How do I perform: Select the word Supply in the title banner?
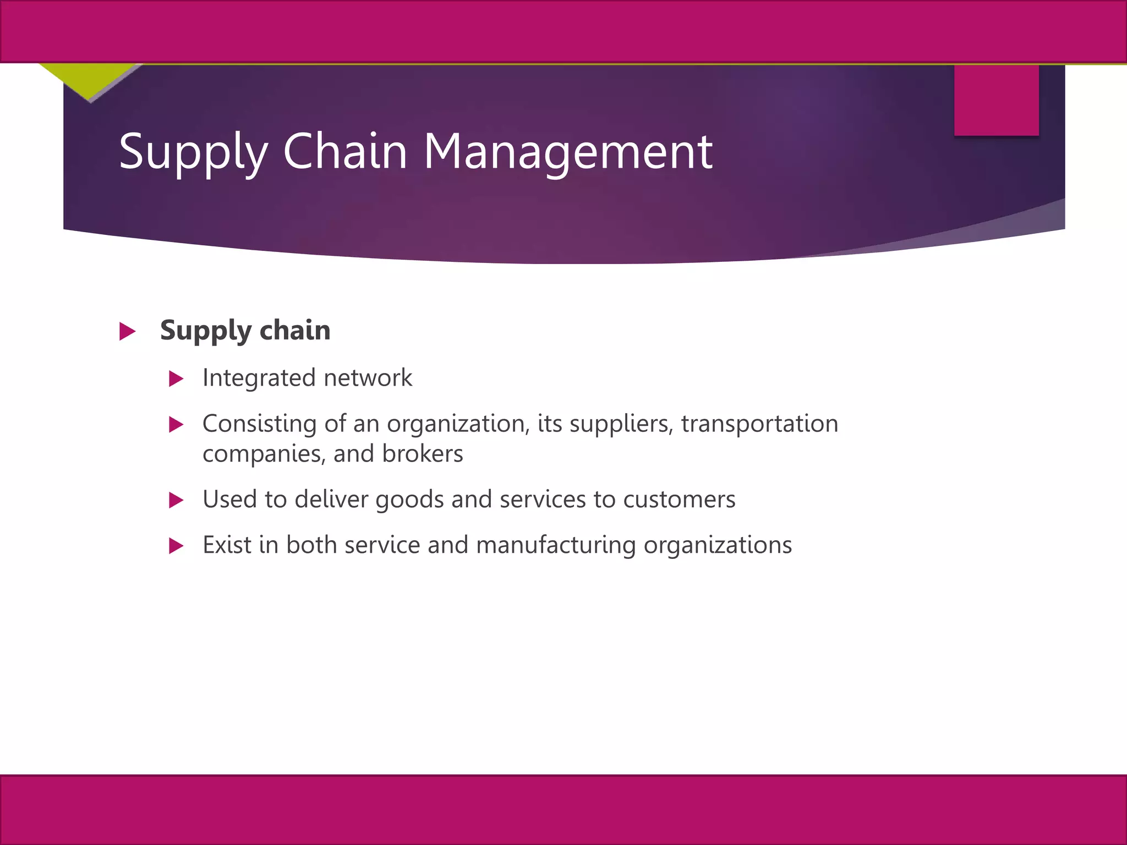[x=193, y=152]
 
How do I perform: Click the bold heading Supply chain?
[x=245, y=331]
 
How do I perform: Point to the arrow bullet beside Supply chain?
[x=127, y=331]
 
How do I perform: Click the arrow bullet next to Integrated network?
[x=176, y=378]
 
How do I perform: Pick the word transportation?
[x=759, y=424]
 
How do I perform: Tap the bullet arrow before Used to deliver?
[x=176, y=500]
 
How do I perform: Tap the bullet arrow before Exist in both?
[x=176, y=546]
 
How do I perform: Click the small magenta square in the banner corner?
[x=996, y=100]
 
